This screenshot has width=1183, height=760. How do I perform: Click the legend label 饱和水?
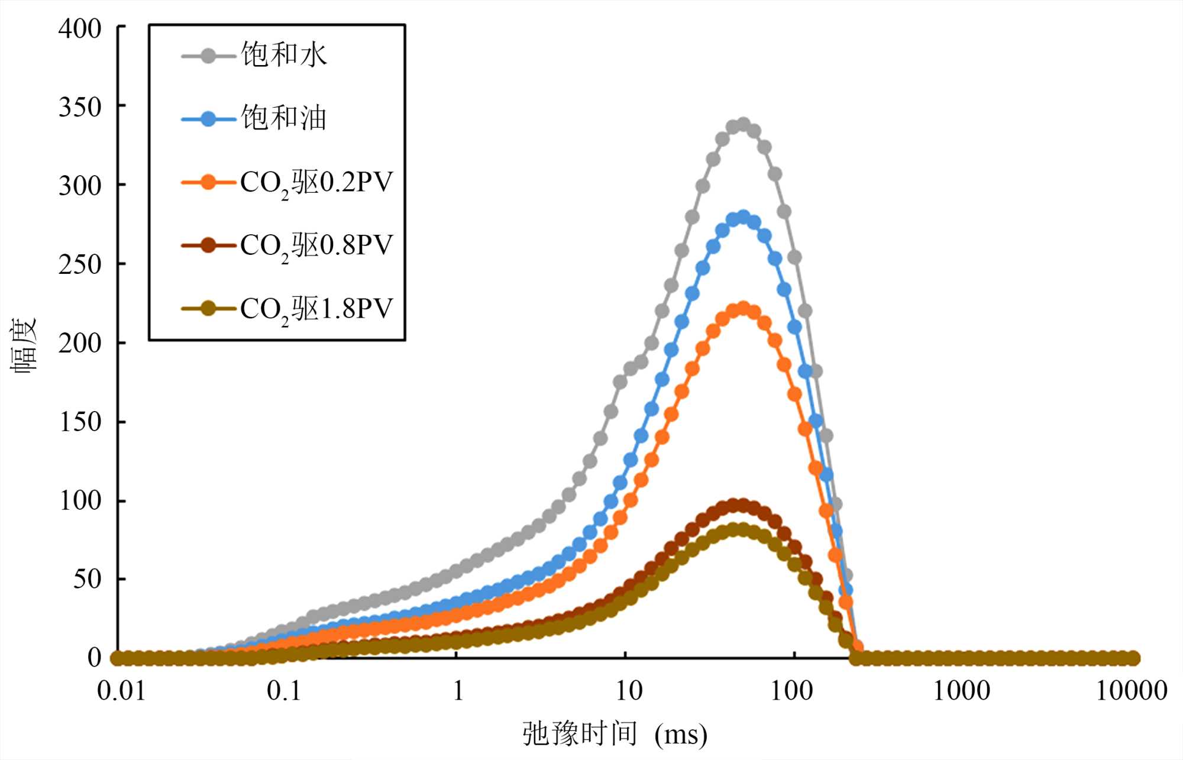click(284, 55)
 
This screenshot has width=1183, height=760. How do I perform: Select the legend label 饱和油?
click(284, 118)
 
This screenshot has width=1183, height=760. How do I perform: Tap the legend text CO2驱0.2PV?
click(316, 182)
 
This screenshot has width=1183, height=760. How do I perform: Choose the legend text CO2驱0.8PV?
click(316, 245)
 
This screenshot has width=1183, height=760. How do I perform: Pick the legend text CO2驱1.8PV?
click(316, 309)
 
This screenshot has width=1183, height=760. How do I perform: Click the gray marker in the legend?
click(208, 56)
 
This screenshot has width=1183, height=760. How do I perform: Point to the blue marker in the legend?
click(208, 119)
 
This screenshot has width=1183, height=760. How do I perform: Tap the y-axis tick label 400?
click(80, 28)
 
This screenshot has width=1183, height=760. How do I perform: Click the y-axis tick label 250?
click(80, 264)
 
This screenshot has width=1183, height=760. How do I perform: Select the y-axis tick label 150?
click(80, 422)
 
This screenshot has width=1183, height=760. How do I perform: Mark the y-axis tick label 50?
click(87, 580)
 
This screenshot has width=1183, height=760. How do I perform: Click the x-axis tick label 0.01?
click(121, 691)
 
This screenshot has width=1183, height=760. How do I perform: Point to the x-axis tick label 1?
click(458, 691)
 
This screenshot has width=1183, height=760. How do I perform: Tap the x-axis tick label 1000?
click(962, 691)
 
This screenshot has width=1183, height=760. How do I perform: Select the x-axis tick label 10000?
click(1132, 691)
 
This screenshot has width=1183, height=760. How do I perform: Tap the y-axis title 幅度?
click(24, 344)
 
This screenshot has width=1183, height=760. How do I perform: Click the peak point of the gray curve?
click(743, 124)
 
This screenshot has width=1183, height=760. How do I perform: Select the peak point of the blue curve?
click(743, 217)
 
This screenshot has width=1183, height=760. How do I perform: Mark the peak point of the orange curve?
click(743, 308)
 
